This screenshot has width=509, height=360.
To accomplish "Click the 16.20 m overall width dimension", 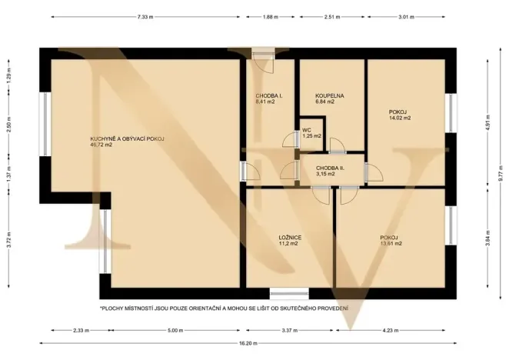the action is [x=248, y=343].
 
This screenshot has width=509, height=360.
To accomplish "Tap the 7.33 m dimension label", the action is [x=145, y=17].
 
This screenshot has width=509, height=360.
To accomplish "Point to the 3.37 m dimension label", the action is [x=290, y=331].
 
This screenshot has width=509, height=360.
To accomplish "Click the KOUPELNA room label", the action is [x=330, y=96].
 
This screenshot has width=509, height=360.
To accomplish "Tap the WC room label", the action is [x=307, y=130].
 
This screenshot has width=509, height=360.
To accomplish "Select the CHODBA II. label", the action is [x=330, y=168].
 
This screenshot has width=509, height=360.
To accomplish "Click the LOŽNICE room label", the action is [x=290, y=238].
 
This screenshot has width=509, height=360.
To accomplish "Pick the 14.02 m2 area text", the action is [x=400, y=118].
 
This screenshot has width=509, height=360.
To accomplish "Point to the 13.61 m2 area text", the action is [x=391, y=243].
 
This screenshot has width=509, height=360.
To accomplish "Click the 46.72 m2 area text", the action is [x=101, y=145].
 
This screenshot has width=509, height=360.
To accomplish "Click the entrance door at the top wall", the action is [x=263, y=54].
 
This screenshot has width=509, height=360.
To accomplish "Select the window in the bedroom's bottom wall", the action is [x=289, y=294].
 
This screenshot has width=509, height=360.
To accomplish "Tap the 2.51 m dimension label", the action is [x=331, y=17].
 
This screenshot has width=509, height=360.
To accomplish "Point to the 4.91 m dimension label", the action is [x=488, y=122].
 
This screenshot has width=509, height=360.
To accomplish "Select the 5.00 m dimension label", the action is [x=175, y=331].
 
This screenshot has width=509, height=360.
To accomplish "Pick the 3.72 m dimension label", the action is [x=9, y=239].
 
